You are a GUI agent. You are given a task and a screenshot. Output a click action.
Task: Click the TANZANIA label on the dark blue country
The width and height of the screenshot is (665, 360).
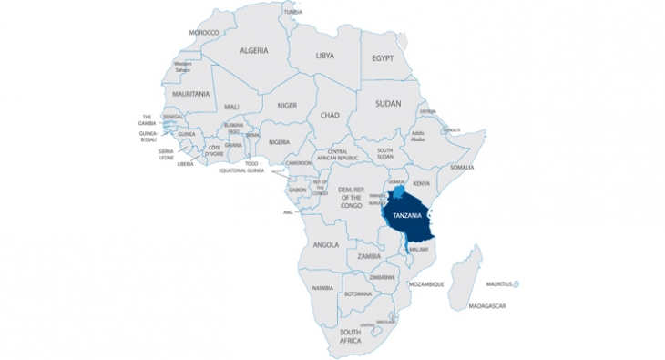tap(403, 215)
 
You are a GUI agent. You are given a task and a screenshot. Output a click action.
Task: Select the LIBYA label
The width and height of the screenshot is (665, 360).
tap(324, 56)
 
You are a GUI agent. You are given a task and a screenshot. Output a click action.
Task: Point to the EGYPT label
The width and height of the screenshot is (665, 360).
tap(383, 58)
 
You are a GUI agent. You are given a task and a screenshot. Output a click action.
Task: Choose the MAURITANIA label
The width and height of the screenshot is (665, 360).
tap(190, 94)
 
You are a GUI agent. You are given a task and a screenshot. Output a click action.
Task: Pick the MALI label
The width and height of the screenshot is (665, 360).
tap(232, 107)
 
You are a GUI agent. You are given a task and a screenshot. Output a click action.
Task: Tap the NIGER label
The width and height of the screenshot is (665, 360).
tap(287, 105)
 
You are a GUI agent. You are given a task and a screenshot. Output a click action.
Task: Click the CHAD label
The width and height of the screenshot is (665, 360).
tap(330, 116)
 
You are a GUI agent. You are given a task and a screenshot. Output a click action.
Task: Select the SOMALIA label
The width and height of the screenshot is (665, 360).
tap(462, 168)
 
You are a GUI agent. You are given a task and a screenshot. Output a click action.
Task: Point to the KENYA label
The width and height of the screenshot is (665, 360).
tap(421, 183)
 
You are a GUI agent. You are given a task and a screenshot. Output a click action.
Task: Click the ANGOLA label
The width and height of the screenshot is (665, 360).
tap(325, 245)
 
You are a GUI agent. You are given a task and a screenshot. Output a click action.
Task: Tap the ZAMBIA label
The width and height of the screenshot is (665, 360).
tap(369, 256)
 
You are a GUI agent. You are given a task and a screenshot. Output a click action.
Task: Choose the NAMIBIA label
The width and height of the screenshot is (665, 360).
tap(322, 288)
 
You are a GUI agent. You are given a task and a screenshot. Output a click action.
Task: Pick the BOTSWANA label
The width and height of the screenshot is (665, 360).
tap(357, 294)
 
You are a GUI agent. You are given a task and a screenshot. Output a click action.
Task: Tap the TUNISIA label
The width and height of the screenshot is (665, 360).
tap(292, 12)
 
